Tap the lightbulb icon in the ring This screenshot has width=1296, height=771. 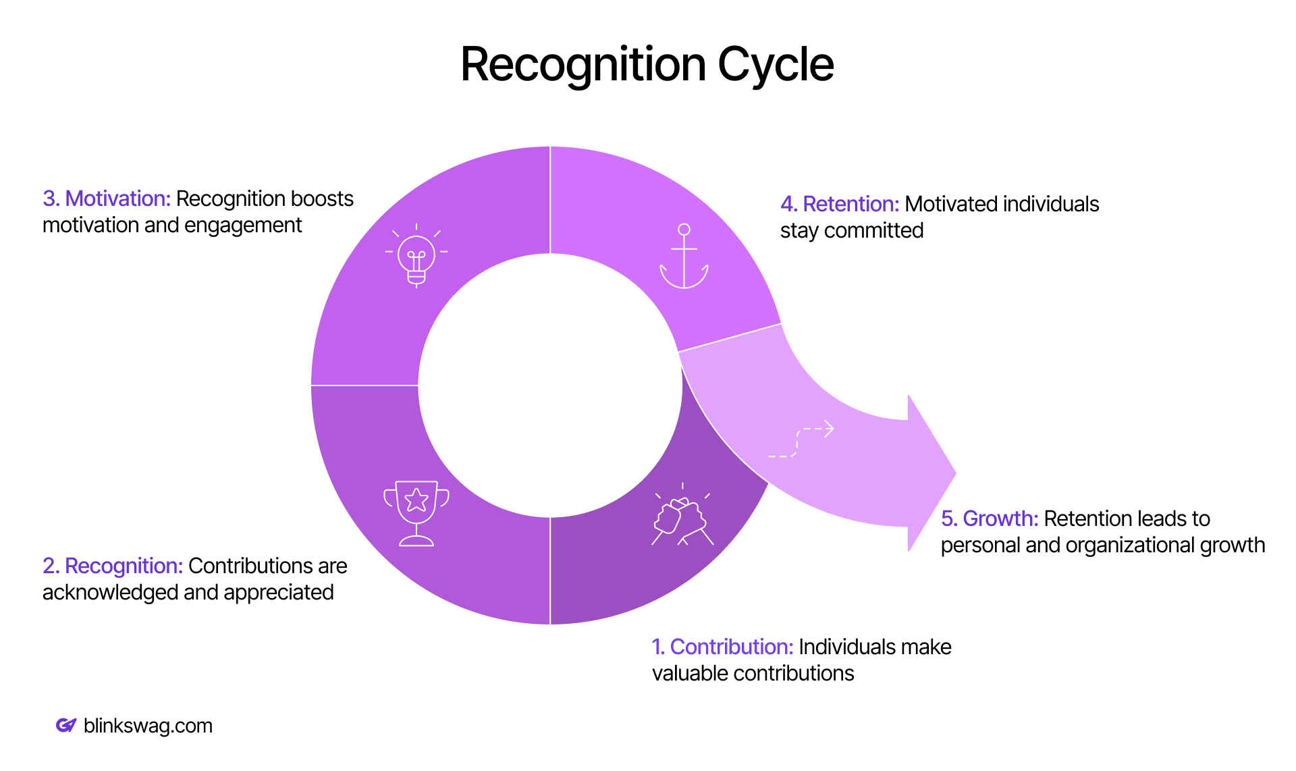(x=416, y=256)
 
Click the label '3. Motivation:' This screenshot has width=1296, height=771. (x=107, y=198)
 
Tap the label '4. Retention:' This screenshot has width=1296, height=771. (x=840, y=204)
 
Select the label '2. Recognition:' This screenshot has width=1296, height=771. (x=113, y=566)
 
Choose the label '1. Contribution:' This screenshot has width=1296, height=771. (x=722, y=647)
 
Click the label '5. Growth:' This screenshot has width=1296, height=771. (x=990, y=519)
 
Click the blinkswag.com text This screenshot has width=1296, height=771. (x=148, y=726)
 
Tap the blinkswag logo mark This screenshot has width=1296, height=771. (x=65, y=725)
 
